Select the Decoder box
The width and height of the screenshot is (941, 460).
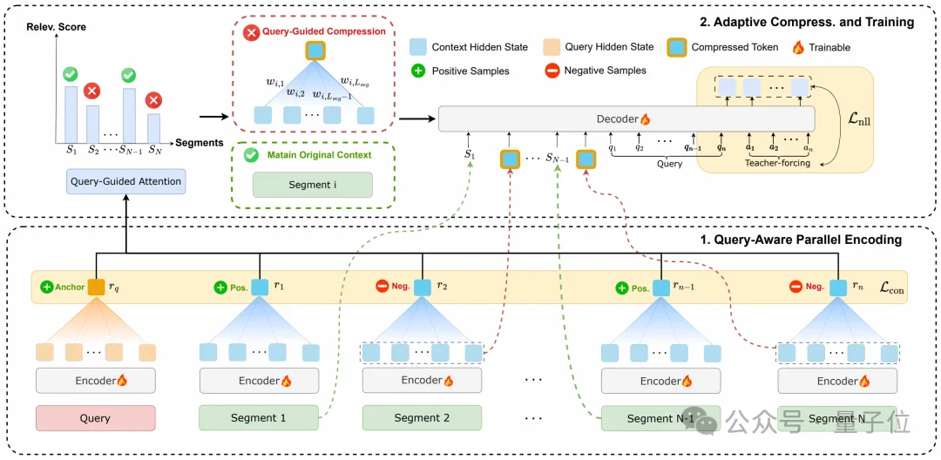pos(625,118)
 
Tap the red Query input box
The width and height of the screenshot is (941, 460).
pos(95,418)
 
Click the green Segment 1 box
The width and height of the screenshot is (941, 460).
pos(258,418)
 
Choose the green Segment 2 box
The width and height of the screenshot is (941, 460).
pos(422,418)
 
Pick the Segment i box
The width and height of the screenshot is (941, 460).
pos(312,185)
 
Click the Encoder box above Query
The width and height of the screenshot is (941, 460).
pos(95,381)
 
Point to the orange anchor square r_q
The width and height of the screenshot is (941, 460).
pos(96,287)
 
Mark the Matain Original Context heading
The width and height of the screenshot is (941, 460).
pos(321,155)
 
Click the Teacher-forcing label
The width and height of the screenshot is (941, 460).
pos(778,163)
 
